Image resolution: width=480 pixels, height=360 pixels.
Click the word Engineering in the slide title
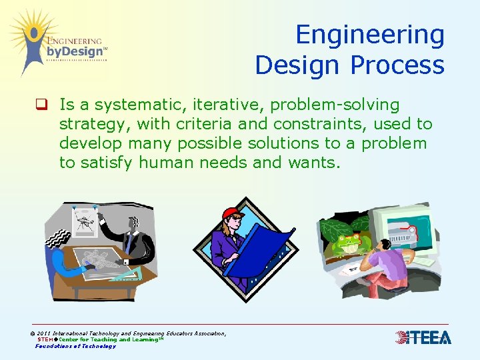369,35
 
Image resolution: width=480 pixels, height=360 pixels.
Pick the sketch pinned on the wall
85,220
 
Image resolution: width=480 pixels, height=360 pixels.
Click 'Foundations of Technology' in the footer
75,346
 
